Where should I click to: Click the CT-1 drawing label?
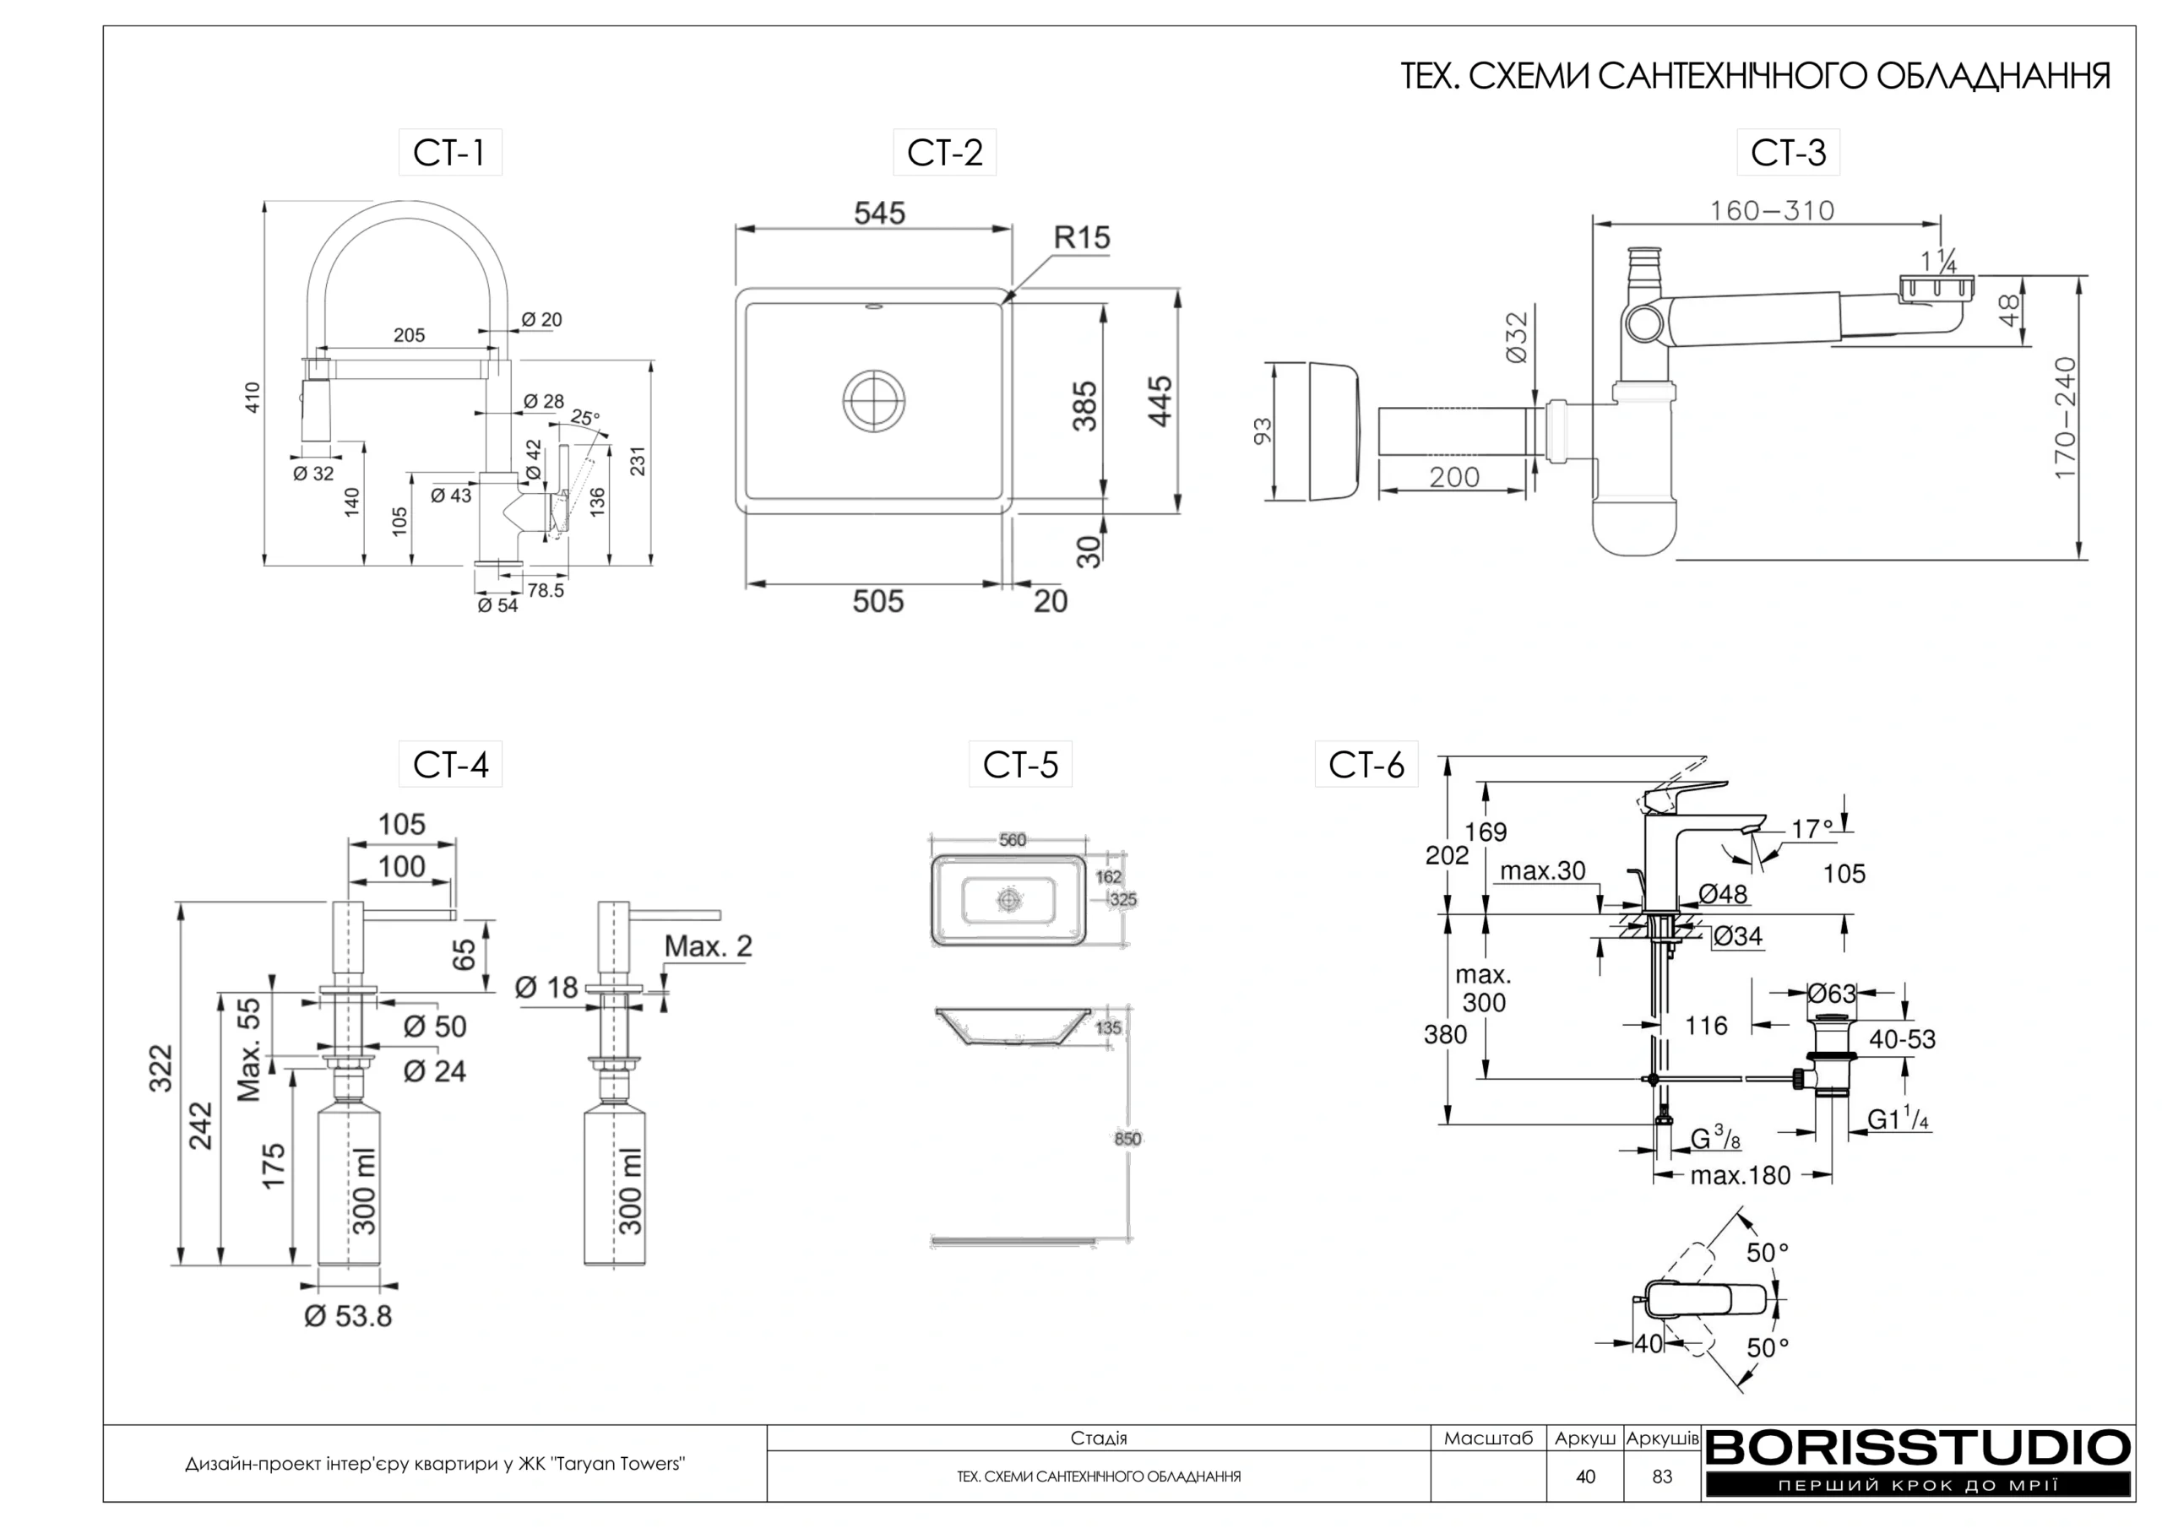point(449,153)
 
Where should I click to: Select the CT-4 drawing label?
point(450,765)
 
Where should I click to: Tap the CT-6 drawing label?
point(1366,765)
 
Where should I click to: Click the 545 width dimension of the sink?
point(879,213)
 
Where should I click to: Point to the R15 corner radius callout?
point(1082,237)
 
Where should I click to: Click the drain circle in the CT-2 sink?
point(875,400)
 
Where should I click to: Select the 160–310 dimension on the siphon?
point(1772,210)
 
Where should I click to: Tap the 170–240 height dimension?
point(2064,417)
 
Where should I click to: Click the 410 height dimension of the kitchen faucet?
point(253,398)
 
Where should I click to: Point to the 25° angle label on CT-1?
point(584,417)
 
